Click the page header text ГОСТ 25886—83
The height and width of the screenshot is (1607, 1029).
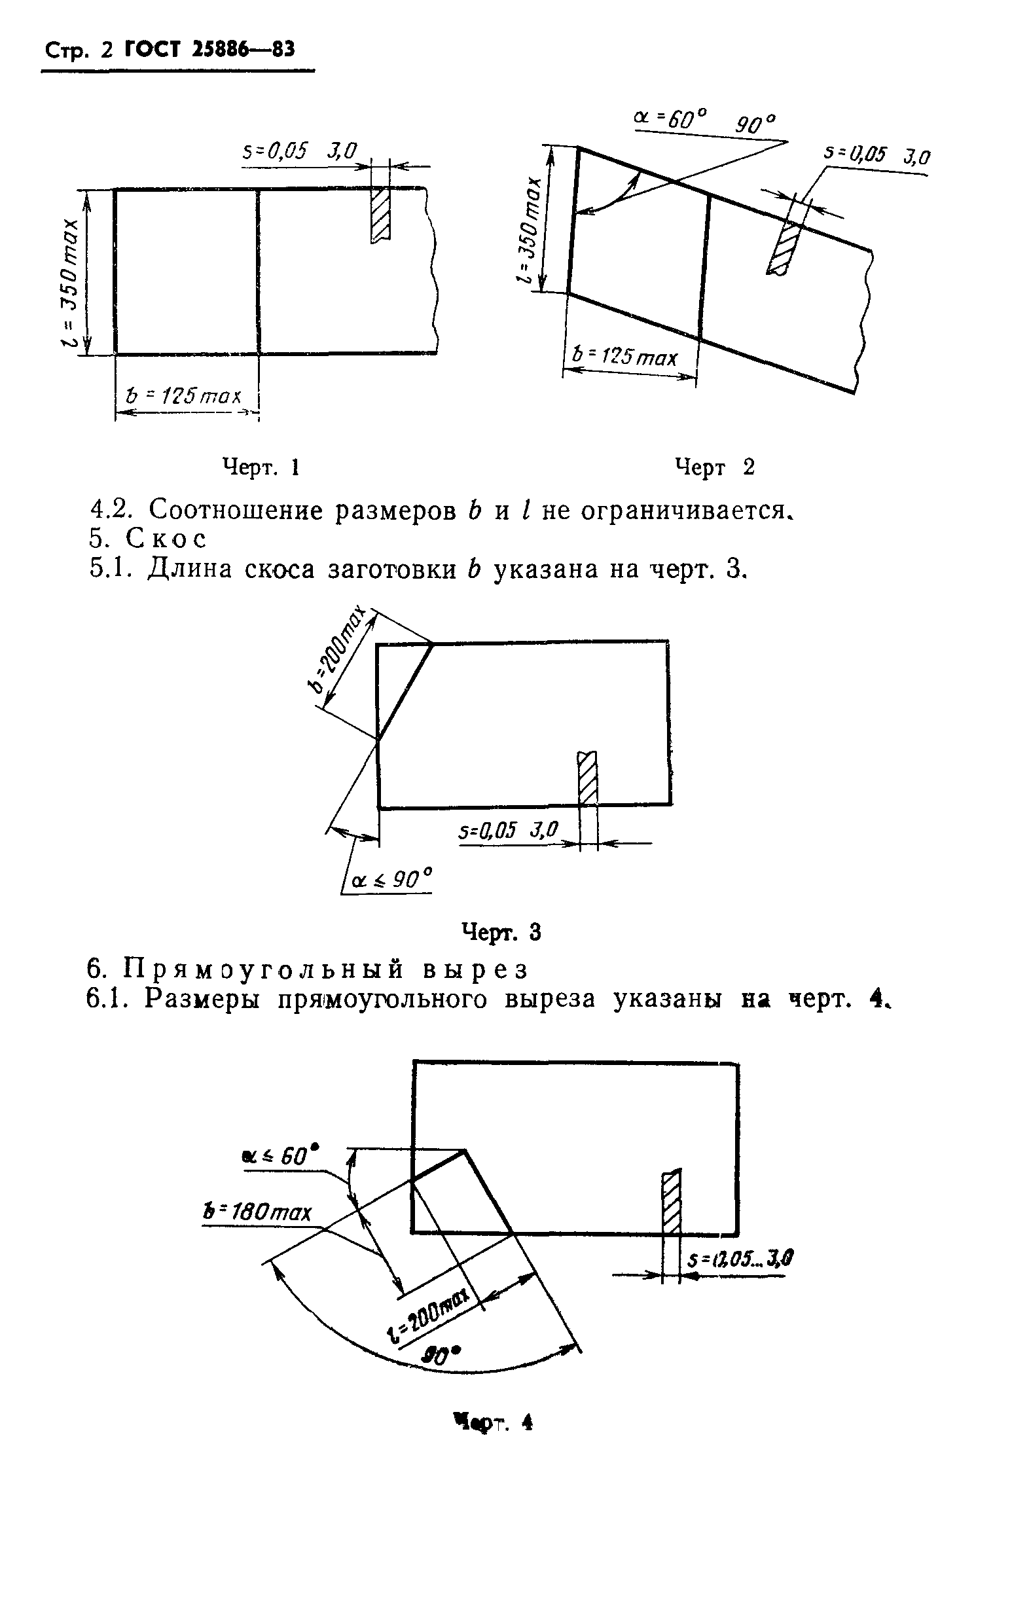pos(210,50)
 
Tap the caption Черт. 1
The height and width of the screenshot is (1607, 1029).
pos(261,467)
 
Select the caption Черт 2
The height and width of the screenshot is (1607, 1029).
pos(714,467)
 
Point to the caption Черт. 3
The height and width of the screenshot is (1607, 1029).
pos(501,932)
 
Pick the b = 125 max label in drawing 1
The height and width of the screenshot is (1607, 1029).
pos(183,397)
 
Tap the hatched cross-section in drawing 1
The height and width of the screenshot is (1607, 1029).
pos(381,214)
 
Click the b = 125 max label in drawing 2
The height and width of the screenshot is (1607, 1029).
pos(624,356)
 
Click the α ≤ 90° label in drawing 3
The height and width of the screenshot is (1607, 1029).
pos(391,879)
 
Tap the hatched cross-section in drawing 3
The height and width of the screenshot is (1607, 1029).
pos(587,778)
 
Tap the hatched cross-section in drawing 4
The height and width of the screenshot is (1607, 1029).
pos(671,1203)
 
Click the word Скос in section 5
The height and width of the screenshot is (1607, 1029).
pos(166,539)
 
